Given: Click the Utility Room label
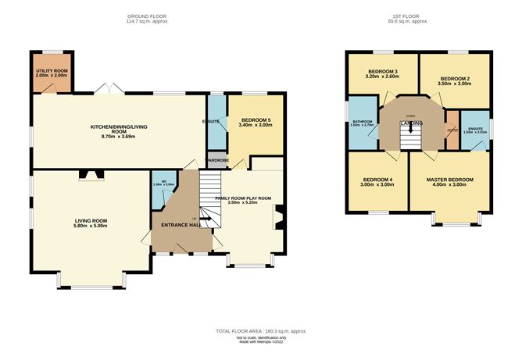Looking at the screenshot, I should click(x=52, y=71).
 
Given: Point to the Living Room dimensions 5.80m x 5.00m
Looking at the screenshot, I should click(x=91, y=226).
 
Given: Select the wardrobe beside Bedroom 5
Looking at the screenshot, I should click(x=216, y=161).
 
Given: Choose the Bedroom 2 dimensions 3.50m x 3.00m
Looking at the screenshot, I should click(x=455, y=84).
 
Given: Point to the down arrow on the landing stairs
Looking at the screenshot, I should click(x=411, y=127).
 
